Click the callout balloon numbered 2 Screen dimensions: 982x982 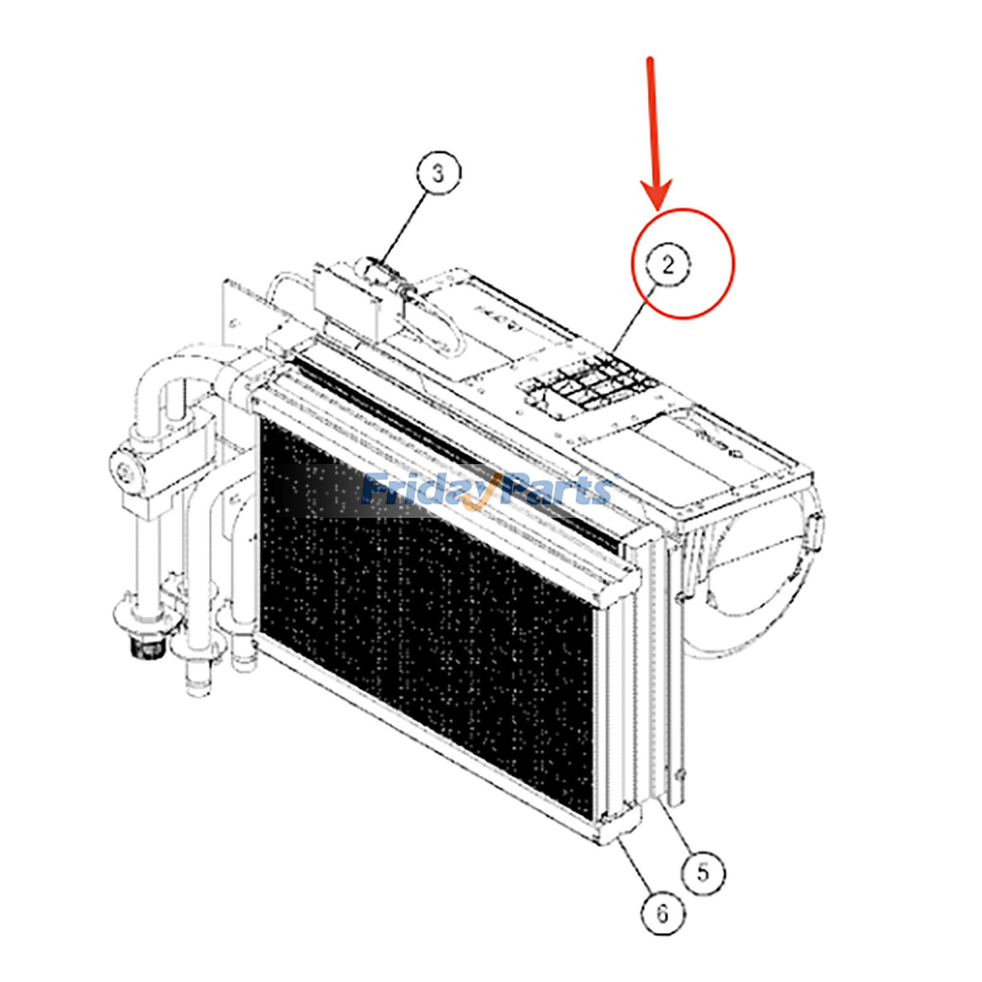tap(667, 265)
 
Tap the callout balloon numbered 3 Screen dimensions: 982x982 tap(438, 173)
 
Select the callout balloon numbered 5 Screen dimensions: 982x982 tap(703, 872)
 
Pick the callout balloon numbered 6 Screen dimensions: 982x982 tap(662, 914)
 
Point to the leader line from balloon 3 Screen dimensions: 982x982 tap(405, 227)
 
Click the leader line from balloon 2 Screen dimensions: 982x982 tap(632, 319)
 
